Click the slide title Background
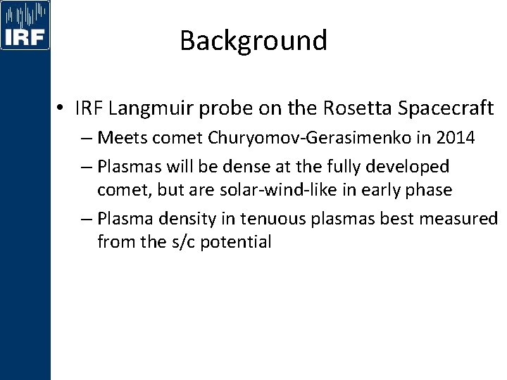(254, 41)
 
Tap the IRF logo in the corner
(25, 26)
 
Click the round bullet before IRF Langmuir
(63, 109)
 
